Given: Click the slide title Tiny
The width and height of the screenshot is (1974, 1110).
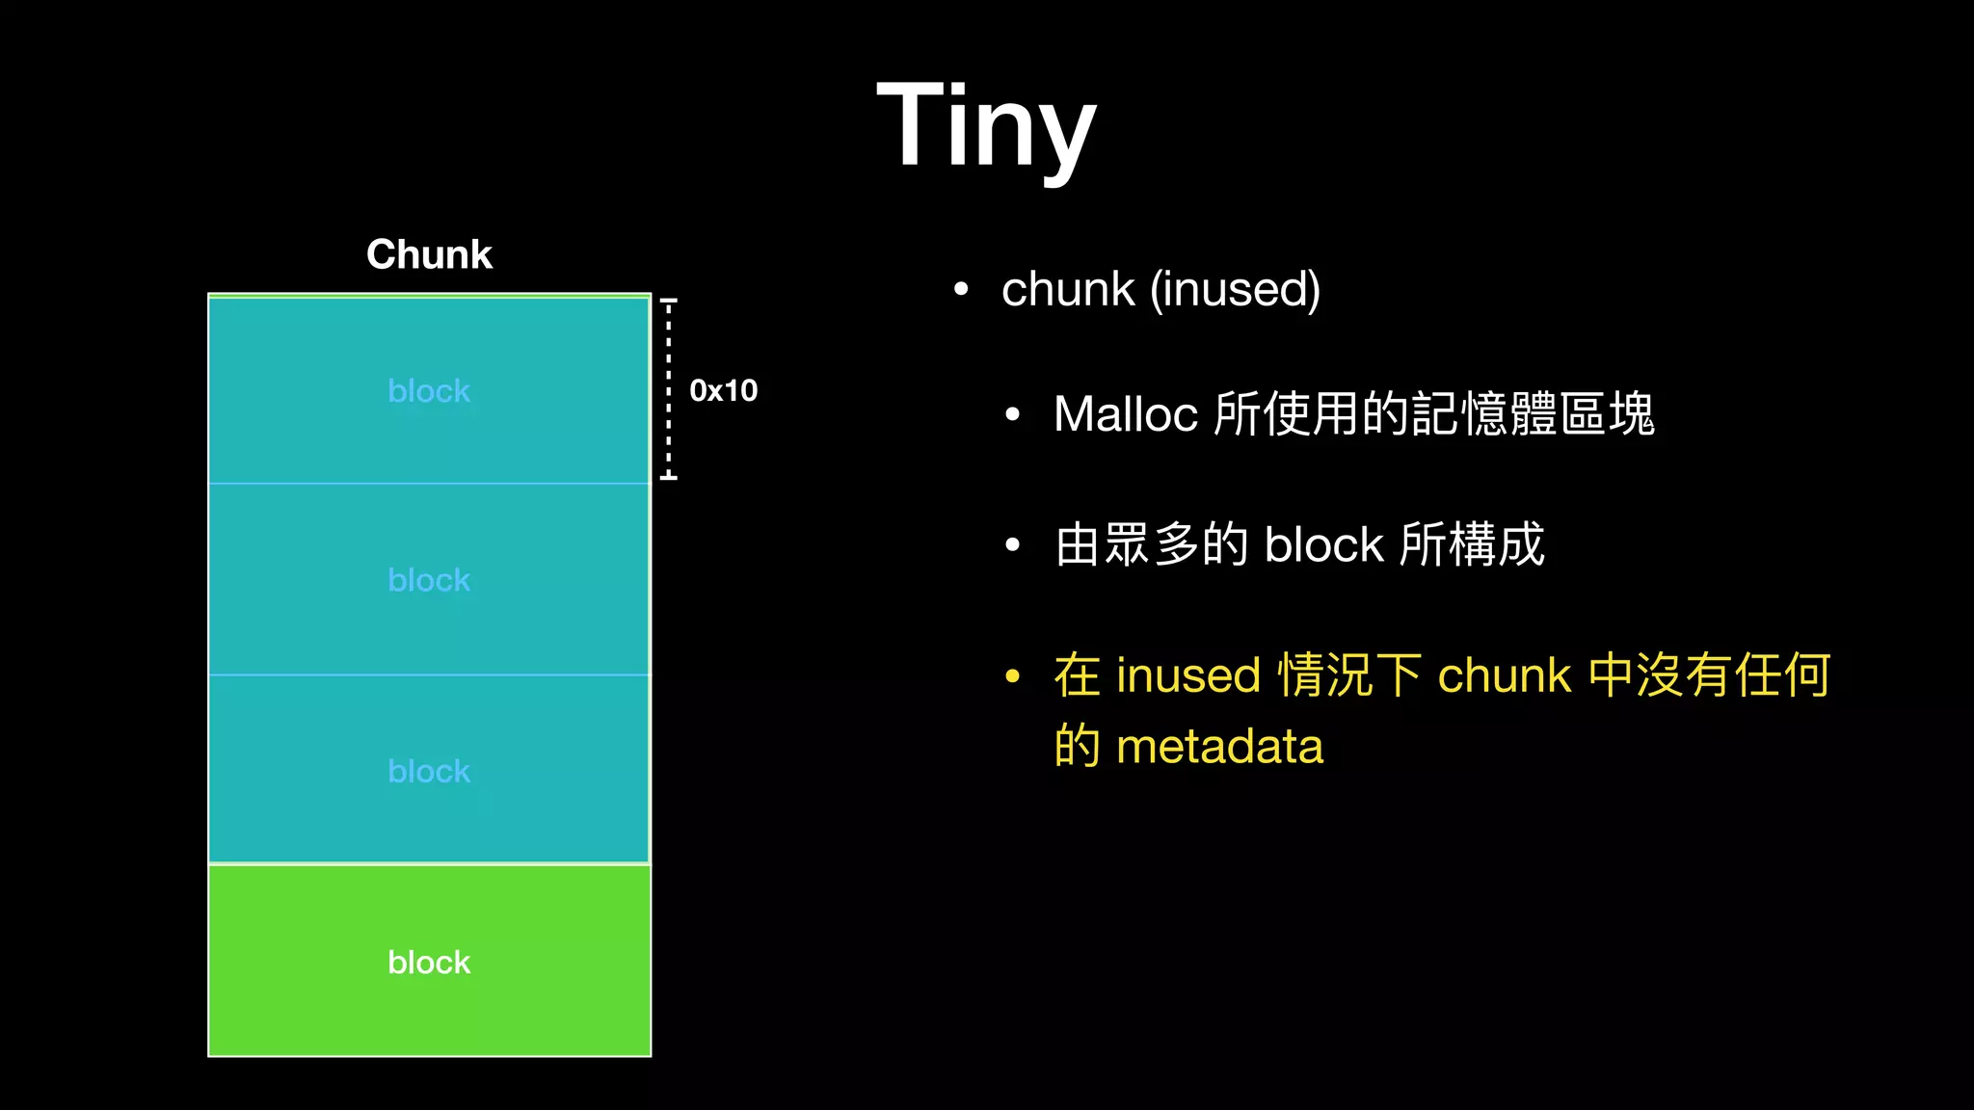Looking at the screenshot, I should point(986,125).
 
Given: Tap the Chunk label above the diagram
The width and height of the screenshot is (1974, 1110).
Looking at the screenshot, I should point(429,254).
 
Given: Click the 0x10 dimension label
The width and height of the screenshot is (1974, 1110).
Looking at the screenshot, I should point(723,390).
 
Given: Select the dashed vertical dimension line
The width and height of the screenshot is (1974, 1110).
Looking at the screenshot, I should point(668,388).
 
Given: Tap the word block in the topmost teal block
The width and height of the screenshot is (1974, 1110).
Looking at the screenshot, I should point(429,391).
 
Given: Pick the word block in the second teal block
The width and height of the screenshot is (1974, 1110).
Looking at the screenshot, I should point(429,580).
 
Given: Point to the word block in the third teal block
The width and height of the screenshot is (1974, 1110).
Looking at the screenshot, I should point(429,771).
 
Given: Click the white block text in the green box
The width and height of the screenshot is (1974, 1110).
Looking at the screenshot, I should point(429,962).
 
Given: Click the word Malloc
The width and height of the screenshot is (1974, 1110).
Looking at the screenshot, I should point(1125,414).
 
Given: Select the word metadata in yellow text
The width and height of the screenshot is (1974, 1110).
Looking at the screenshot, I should point(1219,746).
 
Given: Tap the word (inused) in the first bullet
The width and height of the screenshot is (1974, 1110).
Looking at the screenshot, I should point(1236,289).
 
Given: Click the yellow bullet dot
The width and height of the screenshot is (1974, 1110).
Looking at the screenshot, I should point(1012,676).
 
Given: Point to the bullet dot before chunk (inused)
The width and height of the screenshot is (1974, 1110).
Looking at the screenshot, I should point(960,289).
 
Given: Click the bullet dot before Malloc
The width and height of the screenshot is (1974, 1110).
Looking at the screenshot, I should point(1012,415).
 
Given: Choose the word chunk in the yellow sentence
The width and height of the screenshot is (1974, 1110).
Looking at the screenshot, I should point(1504,675).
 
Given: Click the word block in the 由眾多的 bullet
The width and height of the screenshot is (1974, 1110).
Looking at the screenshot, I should point(1323,545).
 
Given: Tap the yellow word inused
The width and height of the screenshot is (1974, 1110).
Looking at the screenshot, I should point(1187,675).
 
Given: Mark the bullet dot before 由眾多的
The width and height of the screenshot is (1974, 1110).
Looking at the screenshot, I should point(1012,545).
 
